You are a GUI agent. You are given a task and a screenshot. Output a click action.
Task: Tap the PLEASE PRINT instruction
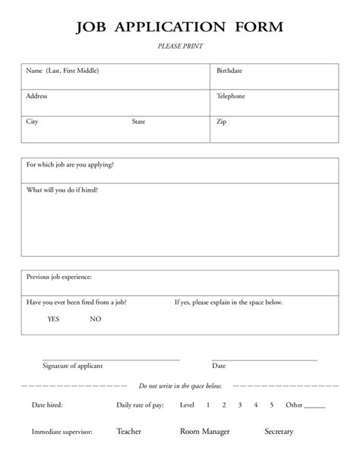point(180,46)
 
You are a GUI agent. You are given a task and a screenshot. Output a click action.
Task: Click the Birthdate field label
point(229,71)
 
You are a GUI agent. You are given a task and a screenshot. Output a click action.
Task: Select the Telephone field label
point(231,97)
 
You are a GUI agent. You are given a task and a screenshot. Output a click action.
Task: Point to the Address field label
point(36,97)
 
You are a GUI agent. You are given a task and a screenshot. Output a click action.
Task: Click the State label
point(138,122)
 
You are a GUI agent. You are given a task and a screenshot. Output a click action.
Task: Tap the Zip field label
point(221,122)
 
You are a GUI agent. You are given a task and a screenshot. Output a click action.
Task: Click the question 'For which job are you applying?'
point(70,164)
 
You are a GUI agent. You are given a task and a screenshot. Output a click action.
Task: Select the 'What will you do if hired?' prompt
point(62,189)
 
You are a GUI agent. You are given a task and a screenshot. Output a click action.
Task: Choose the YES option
point(53,319)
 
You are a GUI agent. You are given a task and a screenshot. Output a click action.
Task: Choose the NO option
point(95,319)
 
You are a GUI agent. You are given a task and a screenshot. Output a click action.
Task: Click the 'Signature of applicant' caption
point(73,366)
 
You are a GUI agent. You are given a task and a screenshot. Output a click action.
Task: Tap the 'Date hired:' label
point(47,405)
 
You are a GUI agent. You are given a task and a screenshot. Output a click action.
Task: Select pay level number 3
point(240,405)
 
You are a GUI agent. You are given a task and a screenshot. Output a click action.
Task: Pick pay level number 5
point(271,405)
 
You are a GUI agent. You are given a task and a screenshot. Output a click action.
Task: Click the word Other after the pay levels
point(294,405)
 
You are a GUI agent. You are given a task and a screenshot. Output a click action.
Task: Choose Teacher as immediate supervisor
point(128,432)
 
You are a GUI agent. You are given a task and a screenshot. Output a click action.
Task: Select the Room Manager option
point(205,432)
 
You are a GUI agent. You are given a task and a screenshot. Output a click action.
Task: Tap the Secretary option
point(279,432)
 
